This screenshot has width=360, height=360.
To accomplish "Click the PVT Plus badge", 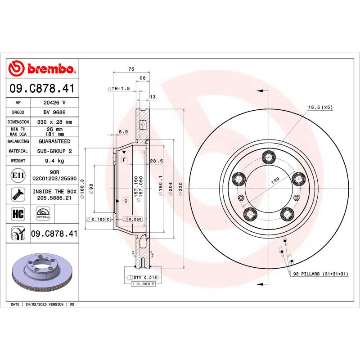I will click(43, 213).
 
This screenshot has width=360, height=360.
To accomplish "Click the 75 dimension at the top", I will click(131, 69).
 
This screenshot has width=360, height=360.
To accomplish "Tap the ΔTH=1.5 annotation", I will click(118, 89).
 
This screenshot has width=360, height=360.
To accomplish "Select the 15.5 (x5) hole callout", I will click(320, 107).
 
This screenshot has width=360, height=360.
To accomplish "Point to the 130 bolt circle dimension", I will click(275, 179).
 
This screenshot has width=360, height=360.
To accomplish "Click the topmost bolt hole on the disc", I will click(270, 157).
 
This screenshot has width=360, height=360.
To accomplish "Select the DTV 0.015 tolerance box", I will click(142, 278).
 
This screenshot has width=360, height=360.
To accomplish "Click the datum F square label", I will click(123, 160).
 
